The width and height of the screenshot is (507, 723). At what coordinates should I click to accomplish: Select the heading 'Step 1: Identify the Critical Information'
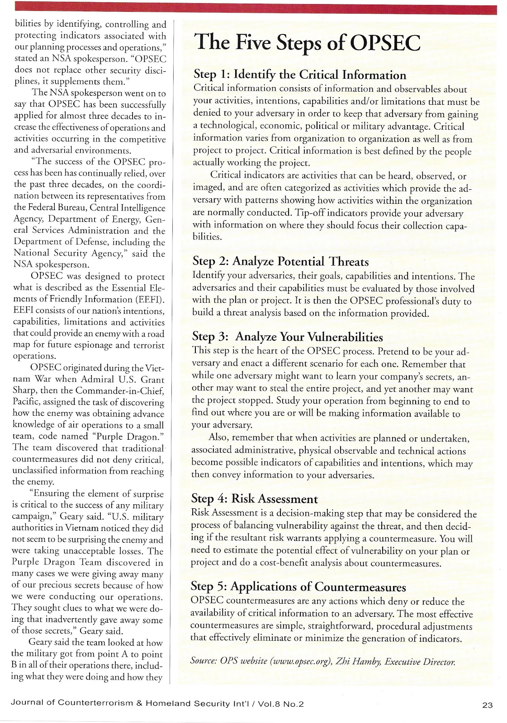tap(299, 75)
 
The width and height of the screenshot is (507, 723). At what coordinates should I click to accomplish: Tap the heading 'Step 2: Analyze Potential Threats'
tap(280, 262)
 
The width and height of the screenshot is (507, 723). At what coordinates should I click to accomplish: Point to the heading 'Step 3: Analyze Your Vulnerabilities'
tap(288, 337)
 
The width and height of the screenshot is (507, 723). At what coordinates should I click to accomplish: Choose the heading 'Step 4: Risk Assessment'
tap(255, 499)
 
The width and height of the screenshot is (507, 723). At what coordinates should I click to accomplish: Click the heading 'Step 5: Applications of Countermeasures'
tap(299, 587)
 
